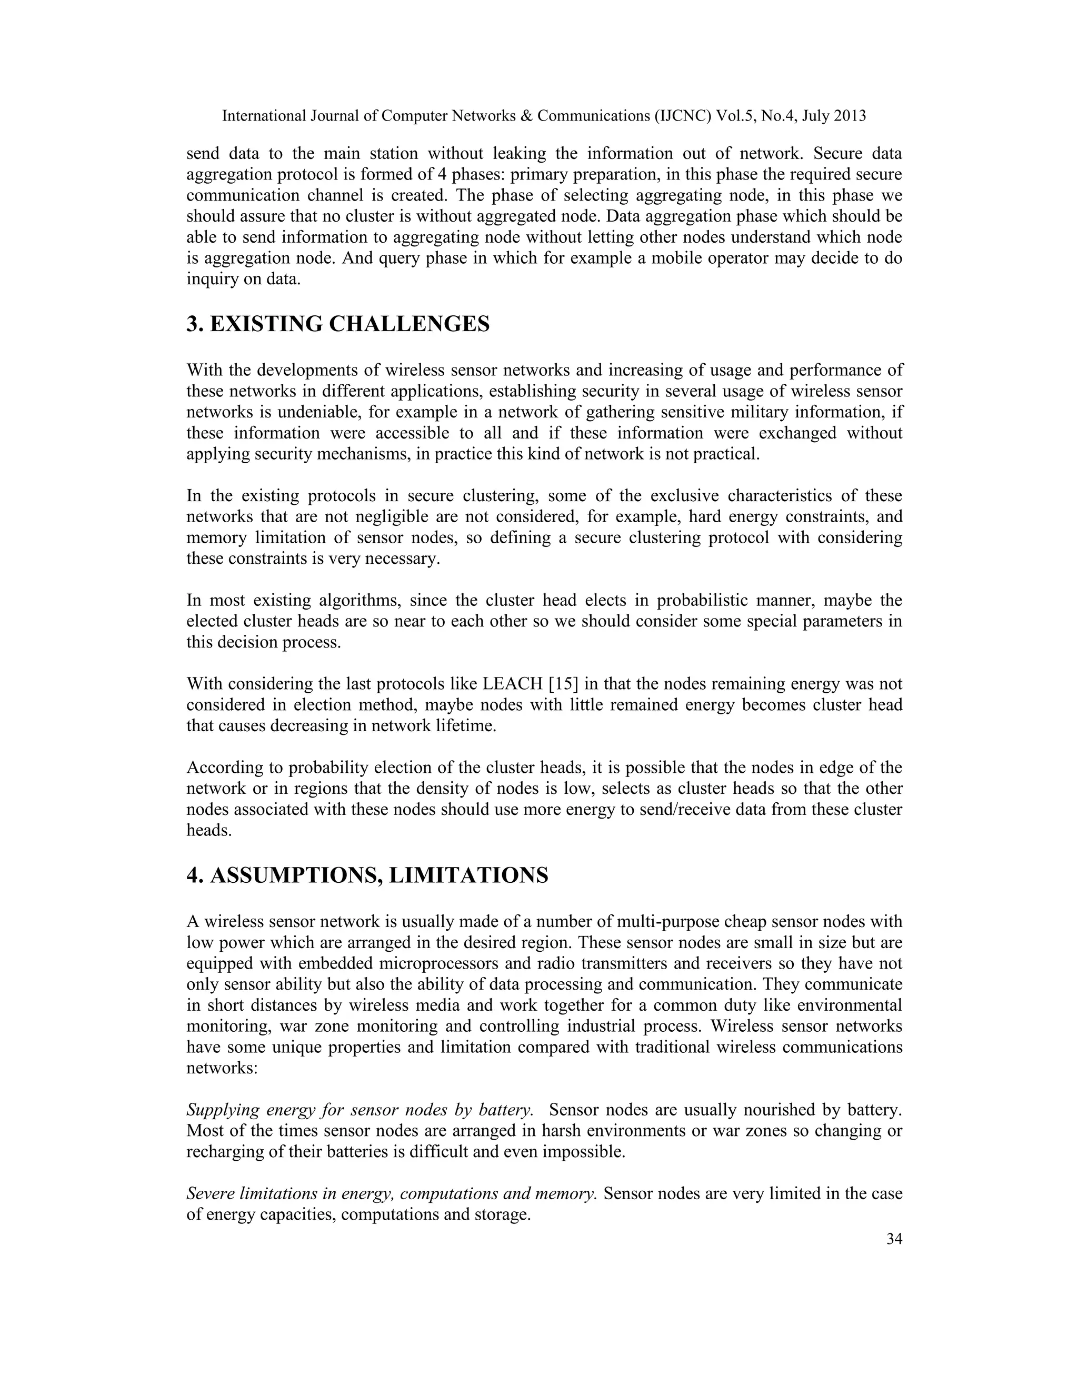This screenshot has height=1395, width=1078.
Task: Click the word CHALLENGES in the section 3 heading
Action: (410, 324)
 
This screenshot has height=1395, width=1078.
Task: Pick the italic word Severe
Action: (207, 1193)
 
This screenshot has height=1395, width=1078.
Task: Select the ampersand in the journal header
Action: (526, 116)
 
